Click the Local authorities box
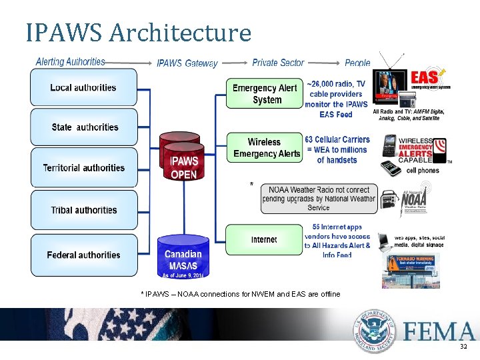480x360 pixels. tap(83, 87)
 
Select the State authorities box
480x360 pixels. tap(83, 127)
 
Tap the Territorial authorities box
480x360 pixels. tap(83, 167)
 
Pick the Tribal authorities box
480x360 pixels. tap(83, 210)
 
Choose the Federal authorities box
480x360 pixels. tap(83, 255)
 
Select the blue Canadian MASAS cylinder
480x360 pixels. tap(183, 257)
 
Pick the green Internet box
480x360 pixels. tap(265, 239)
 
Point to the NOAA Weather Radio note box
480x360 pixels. tap(319, 199)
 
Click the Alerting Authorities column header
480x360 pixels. tap(70, 62)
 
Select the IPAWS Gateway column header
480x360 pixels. tap(187, 63)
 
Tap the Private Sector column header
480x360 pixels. tap(278, 63)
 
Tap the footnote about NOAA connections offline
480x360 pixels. tap(240, 294)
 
